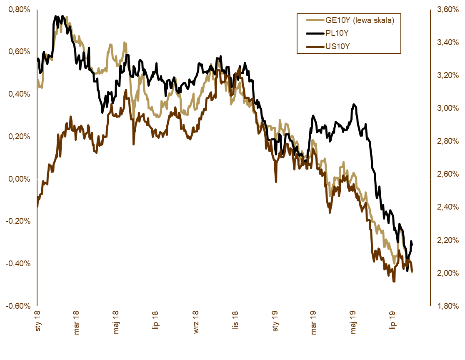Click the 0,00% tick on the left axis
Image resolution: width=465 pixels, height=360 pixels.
19,179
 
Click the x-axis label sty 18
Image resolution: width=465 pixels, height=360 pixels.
37,322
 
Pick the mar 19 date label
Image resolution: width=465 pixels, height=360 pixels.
314,322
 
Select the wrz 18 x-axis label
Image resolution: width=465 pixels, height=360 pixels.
195,322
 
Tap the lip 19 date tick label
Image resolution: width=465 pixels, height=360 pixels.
392,322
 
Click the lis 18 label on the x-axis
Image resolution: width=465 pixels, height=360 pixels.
235,322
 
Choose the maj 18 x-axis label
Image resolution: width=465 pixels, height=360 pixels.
116,322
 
